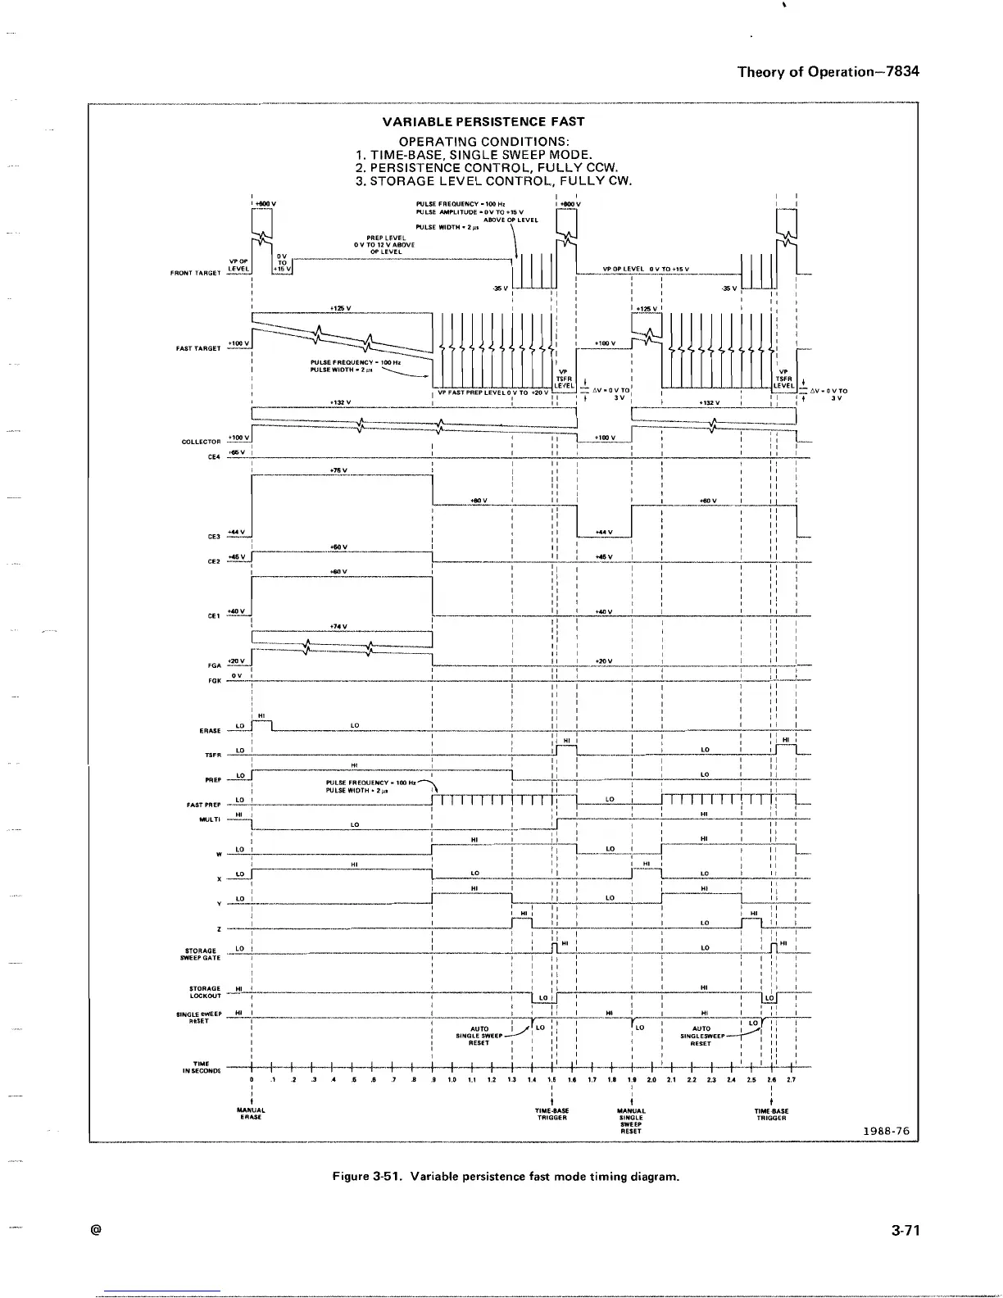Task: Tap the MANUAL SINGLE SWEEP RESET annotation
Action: pyautogui.click(x=631, y=1120)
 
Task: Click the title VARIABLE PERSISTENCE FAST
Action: pyautogui.click(x=483, y=121)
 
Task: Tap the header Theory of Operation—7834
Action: pyautogui.click(x=828, y=71)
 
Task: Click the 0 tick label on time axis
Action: pyautogui.click(x=252, y=1080)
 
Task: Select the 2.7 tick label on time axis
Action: pyautogui.click(x=791, y=1080)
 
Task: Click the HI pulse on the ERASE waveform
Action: pyautogui.click(x=261, y=720)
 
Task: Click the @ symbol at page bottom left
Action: pyautogui.click(x=97, y=1230)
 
